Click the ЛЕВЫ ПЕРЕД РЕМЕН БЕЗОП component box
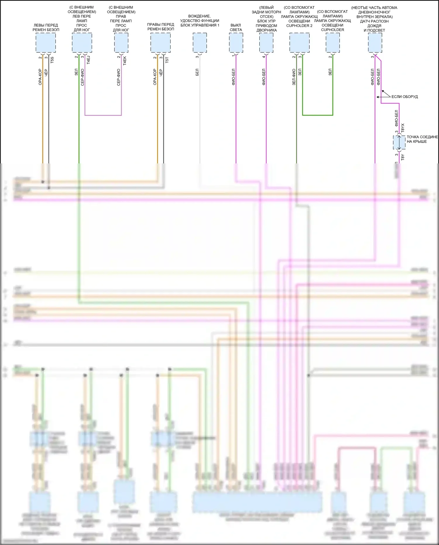point(46,43)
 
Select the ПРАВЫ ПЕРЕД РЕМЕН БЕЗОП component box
point(160,43)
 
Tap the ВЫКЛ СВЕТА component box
point(236,43)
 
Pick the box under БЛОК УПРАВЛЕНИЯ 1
point(200,43)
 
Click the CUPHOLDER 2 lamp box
point(299,43)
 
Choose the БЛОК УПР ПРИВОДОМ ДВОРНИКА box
point(266,43)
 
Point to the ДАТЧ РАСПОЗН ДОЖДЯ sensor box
point(375,43)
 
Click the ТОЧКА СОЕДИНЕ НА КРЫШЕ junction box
point(399,143)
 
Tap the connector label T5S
point(52,60)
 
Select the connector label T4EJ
point(88,60)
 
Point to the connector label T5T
point(167,60)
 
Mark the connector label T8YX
point(403,128)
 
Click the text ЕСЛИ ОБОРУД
point(404,97)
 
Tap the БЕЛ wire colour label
point(197,72)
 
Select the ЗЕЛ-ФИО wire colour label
point(294,77)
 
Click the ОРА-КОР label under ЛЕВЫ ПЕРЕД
point(40,77)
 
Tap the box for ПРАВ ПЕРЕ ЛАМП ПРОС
point(121,43)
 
